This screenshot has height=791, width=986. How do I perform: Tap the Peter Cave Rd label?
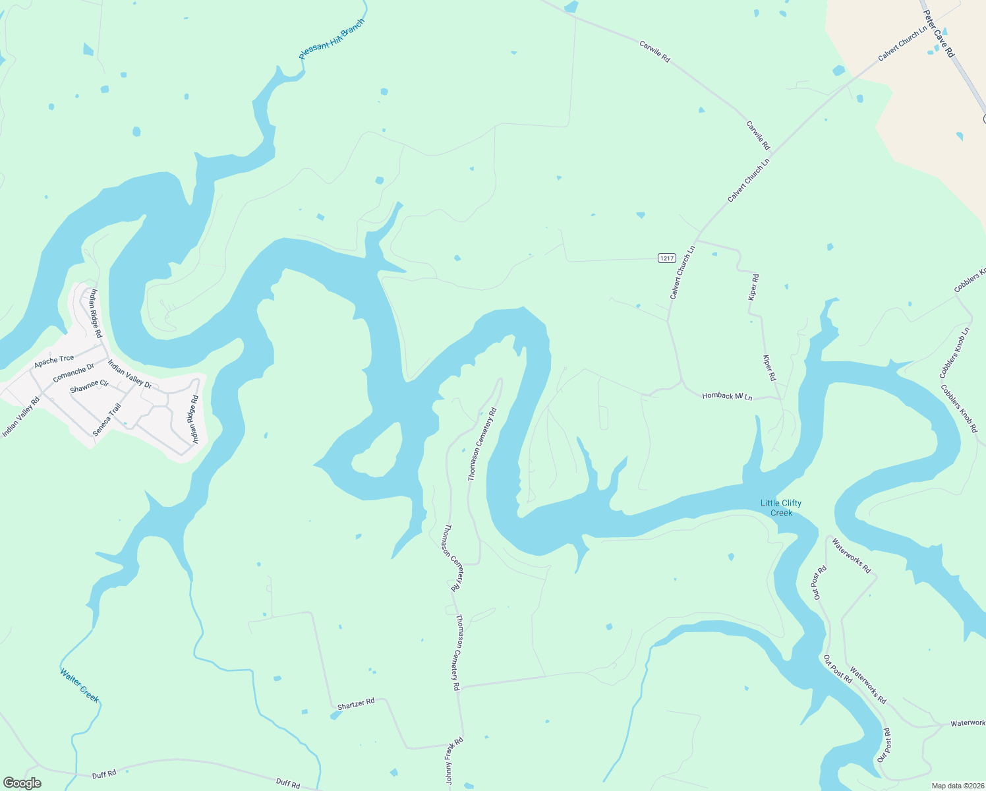coord(939,34)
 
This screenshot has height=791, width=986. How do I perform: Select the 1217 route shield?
coord(666,258)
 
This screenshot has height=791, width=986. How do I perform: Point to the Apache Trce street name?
coord(54,360)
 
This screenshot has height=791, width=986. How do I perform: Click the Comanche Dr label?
coord(74,373)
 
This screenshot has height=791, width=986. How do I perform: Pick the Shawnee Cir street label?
coord(89,386)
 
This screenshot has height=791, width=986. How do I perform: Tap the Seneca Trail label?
coord(107,419)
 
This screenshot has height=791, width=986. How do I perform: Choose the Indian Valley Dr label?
coord(130,374)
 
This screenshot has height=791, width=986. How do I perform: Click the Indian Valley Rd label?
coord(20,417)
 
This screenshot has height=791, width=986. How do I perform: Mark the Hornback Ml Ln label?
coord(727,396)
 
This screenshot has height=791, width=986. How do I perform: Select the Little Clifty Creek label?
coord(781,508)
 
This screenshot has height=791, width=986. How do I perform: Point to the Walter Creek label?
coord(80,686)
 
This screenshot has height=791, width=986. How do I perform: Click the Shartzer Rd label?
coord(356,704)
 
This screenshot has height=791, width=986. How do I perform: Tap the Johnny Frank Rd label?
coord(454,761)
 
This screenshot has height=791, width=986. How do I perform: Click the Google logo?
coord(22,783)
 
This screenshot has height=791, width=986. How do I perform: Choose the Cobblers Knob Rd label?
coord(959,409)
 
